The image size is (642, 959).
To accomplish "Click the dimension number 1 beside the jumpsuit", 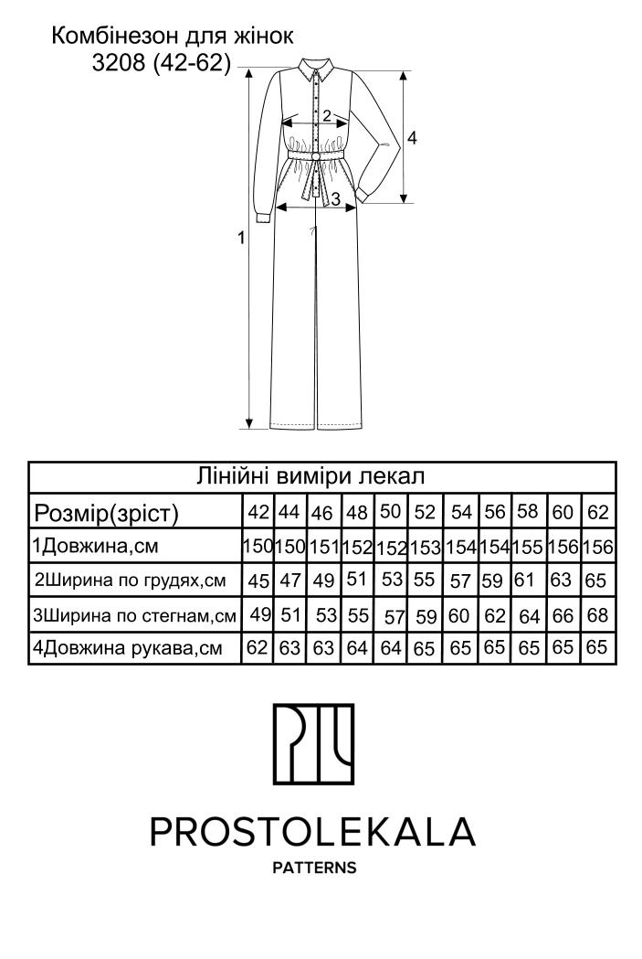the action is pos(242,238).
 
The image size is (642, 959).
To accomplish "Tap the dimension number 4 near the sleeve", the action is pos(412,138).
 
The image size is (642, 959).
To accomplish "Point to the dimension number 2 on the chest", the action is pos(327,115).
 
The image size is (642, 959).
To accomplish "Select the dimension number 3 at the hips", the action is pos(335,198).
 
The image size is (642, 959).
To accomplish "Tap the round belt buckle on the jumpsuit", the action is pos(317,158).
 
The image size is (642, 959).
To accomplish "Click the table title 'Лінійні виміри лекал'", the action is pos(310,475).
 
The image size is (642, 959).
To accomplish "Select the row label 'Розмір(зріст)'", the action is pos(106,513).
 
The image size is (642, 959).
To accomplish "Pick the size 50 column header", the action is pos(390,511).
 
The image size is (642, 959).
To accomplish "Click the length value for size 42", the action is pos(258,546).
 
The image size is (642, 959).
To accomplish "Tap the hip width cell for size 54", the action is pos(458,615).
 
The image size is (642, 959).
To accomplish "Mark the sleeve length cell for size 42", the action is pos(258,647).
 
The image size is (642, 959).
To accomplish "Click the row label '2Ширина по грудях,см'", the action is pos(130,580).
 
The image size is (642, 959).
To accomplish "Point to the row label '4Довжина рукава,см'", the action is pos(127,647).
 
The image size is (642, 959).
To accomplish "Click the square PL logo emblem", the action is pos(313,744).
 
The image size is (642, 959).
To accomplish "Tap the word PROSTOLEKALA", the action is pos(312,832).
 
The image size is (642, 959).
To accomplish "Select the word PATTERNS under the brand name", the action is pos(314,868).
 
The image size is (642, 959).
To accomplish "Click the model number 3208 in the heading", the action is pos(119,63).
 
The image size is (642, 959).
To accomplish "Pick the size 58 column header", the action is pos(528,511).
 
